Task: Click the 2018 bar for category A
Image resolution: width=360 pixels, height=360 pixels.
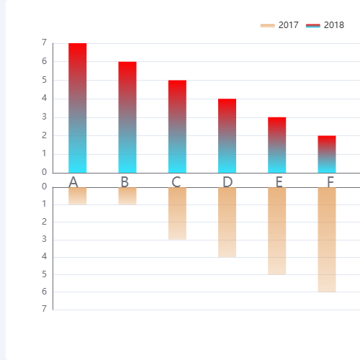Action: pos(78,108)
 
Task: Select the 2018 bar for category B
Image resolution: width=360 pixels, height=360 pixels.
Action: pos(127,117)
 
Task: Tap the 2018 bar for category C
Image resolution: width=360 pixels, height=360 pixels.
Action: pos(177,127)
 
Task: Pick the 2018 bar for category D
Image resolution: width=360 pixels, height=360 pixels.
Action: pos(227,136)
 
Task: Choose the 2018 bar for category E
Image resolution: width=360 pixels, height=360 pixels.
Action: pos(277,145)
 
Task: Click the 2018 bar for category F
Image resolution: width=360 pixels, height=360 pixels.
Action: pos(327,154)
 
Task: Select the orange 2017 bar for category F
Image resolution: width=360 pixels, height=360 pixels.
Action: pos(327,240)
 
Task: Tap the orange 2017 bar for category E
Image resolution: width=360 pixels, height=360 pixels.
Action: pos(277,231)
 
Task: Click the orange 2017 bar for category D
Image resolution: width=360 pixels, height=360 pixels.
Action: pos(227,222)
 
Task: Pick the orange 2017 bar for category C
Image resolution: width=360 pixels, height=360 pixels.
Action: pos(177,214)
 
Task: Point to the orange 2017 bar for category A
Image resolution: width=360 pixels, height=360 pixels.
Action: pos(78,196)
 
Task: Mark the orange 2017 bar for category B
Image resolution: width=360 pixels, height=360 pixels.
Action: pos(127,196)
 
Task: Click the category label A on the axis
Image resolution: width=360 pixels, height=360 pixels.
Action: pos(73,181)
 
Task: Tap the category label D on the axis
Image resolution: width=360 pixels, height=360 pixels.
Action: pos(228,181)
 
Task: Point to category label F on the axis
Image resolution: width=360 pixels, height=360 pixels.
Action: pos(330,181)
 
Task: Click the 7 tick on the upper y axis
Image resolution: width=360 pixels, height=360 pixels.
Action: pos(45,43)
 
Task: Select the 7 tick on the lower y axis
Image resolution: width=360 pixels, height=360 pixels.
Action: pos(45,309)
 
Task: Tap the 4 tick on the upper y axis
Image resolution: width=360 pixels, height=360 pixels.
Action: pos(45,99)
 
